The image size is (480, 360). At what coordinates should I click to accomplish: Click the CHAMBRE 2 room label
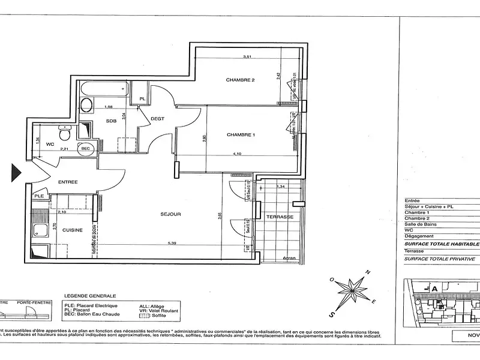click(241, 80)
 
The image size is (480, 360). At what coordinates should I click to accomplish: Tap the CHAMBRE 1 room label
click(241, 135)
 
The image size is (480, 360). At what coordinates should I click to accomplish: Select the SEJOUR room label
click(170, 214)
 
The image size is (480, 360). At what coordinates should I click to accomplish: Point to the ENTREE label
click(68, 181)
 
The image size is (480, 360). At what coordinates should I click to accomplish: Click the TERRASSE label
click(281, 217)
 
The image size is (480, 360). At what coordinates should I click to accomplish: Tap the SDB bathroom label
click(111, 121)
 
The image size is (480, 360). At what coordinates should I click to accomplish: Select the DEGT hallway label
click(158, 118)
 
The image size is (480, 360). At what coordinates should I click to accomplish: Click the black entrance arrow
click(16, 173)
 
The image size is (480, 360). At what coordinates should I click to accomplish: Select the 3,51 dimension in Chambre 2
click(246, 57)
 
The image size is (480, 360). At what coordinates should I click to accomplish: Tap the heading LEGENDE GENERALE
click(89, 296)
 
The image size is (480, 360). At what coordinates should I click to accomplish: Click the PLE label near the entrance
click(39, 196)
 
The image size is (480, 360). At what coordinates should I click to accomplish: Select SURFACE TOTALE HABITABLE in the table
click(442, 244)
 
